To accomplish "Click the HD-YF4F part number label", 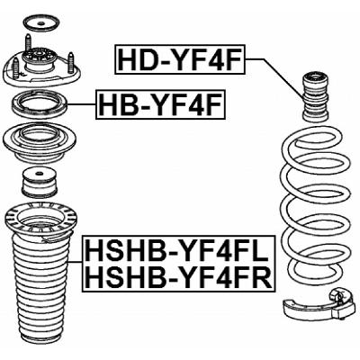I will click(180, 60).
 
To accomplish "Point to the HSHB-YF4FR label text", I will click(176, 278).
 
